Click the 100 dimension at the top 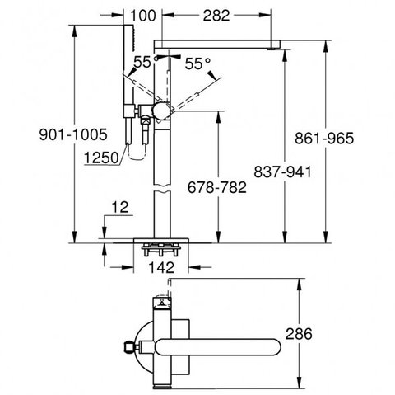click(x=143, y=16)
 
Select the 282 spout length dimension click(x=216, y=16)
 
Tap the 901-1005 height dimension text click(x=73, y=134)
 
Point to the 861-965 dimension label click(x=324, y=138)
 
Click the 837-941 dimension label click(x=282, y=172)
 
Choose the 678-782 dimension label click(x=217, y=187)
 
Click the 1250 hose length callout click(x=101, y=158)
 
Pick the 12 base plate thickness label click(x=120, y=207)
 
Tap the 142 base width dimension click(x=161, y=267)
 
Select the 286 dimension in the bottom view click(x=299, y=334)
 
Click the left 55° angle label click(x=143, y=63)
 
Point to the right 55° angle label click(x=197, y=64)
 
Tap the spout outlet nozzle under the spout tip click(x=271, y=49)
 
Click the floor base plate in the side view click(x=161, y=241)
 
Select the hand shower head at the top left click(x=129, y=38)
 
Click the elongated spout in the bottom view click(x=218, y=347)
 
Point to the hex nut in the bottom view click(x=129, y=347)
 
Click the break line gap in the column click(x=162, y=189)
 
